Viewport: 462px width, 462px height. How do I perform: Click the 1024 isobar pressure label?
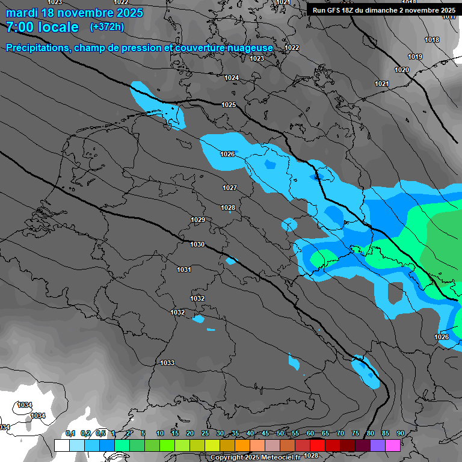pyautogui.click(x=232, y=78)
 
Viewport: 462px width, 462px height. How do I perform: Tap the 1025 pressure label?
pyautogui.click(x=229, y=105)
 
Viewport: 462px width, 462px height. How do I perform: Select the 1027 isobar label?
pyautogui.click(x=230, y=188)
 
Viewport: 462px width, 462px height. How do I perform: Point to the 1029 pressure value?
pyautogui.click(x=198, y=220)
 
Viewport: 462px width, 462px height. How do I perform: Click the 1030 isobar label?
pyautogui.click(x=197, y=245)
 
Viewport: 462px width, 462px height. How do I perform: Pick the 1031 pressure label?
pyautogui.click(x=184, y=269)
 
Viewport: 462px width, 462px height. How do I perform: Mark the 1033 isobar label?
pyautogui.click(x=167, y=363)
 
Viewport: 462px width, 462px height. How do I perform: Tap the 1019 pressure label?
pyautogui.click(x=415, y=57)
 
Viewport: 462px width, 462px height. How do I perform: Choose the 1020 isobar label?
pyautogui.click(x=402, y=70)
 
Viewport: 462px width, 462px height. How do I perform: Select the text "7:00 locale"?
pyautogui.click(x=42, y=27)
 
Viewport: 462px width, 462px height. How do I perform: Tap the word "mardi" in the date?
pyautogui.click(x=22, y=13)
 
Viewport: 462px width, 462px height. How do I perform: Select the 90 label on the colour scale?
pyautogui.click(x=400, y=434)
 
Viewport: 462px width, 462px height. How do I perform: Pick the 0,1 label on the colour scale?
pyautogui.click(x=70, y=434)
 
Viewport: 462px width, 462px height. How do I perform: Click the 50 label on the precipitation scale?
pyautogui.click(x=280, y=434)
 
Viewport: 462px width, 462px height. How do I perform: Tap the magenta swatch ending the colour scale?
pyautogui.click(x=393, y=445)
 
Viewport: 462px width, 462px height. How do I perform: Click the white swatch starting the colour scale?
pyautogui.click(x=61, y=445)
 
